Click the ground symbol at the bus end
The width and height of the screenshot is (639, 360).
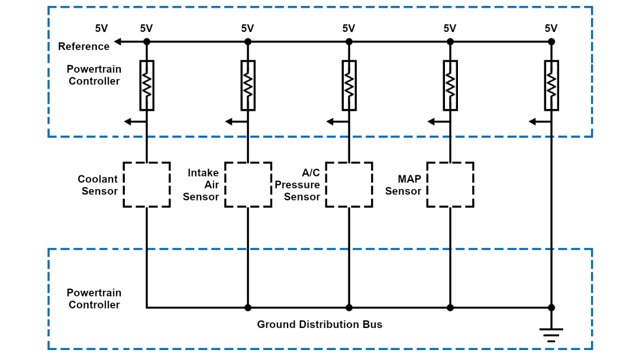coord(551,335)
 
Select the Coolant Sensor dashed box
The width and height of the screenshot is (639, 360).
coord(147,184)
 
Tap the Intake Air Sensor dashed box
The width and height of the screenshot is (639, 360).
coord(248,184)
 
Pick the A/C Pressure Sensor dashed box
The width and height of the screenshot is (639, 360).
coord(349,184)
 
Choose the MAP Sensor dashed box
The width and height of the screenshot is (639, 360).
coord(450,184)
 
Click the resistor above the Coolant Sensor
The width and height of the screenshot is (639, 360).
coord(147,85)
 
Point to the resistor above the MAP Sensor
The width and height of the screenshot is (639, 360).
coord(450,85)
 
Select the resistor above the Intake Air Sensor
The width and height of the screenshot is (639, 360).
coord(248,85)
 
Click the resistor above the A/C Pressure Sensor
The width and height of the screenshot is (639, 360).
coord(349,85)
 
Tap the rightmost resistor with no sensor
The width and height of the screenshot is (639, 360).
coord(551,85)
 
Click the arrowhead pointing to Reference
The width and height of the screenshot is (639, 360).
coord(118,41)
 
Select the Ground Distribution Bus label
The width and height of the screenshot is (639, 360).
coord(319,324)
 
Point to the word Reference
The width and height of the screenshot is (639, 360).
coord(83,46)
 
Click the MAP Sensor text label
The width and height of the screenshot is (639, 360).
coord(403,185)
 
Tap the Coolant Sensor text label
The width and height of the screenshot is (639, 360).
coord(98,185)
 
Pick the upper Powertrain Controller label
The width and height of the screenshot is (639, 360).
coord(93,75)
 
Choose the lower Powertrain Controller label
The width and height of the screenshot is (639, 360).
coord(93,299)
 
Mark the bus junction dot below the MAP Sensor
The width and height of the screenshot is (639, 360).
coord(450,307)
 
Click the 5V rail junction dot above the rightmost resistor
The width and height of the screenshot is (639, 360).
coord(551,41)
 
